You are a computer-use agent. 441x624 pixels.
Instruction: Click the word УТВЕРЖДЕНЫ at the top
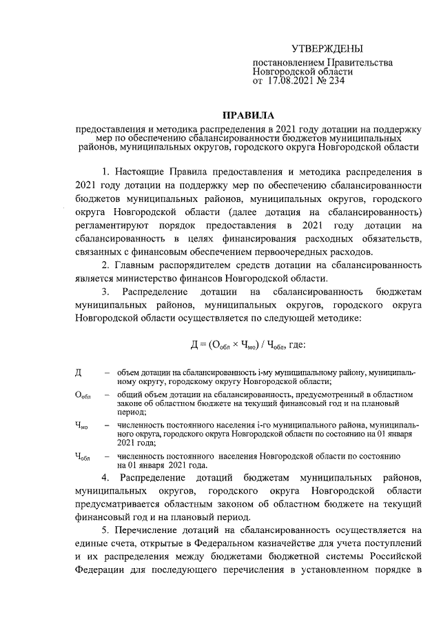[x=327, y=48]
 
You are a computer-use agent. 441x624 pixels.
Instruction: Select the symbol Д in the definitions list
[x=78, y=372]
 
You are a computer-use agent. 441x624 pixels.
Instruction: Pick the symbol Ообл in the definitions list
[x=82, y=395]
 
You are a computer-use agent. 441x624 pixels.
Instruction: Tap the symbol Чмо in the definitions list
[x=81, y=427]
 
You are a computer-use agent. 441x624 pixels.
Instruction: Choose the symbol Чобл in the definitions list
[x=81, y=457]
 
